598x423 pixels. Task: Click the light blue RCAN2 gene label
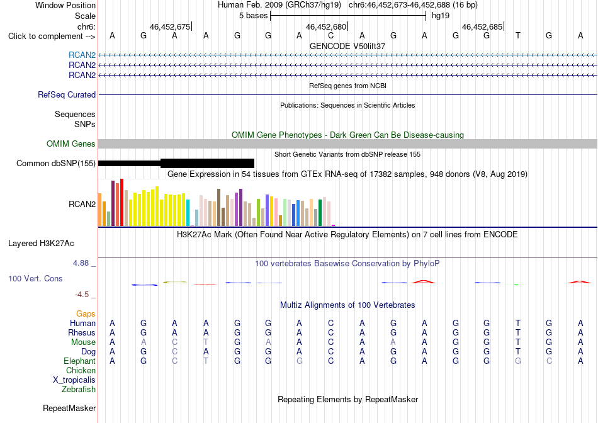coord(82,55)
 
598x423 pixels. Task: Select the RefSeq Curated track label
coord(67,94)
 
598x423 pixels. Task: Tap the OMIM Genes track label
coord(71,144)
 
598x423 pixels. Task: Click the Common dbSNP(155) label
coord(56,163)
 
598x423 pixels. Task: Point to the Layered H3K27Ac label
coord(41,244)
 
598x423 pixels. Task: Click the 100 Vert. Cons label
coord(35,278)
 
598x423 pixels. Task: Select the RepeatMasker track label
coord(69,408)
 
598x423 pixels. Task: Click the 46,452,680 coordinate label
coord(326,26)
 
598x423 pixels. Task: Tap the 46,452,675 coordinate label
coord(170,26)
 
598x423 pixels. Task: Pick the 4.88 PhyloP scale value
coord(81,263)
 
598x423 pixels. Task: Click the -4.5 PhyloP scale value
coord(82,295)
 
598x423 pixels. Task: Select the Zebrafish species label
coord(79,390)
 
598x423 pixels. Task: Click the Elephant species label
coord(80,361)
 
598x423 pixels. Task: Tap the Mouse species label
coord(83,342)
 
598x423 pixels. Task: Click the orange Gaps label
coord(86,313)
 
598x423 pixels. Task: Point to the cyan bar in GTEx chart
coord(188,213)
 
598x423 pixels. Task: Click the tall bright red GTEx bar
coord(121,203)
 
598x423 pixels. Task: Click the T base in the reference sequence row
coord(517,36)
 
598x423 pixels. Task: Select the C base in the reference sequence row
coord(330,36)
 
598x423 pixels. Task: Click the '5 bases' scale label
coord(253,16)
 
